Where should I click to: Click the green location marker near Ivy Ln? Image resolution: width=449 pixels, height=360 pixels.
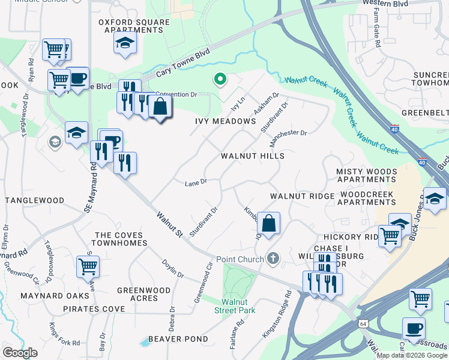220,79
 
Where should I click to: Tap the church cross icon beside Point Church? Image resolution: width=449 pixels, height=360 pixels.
273,259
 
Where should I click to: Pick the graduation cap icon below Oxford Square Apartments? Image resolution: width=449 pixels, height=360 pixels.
125,43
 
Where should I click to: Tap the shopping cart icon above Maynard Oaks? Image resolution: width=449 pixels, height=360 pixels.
88,265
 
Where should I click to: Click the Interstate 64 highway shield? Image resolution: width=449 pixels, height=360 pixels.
364,323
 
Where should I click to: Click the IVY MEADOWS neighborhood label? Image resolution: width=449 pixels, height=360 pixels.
226,121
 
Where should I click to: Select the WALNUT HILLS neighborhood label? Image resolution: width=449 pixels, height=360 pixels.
252,156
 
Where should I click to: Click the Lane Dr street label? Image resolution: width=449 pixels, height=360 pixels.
196,182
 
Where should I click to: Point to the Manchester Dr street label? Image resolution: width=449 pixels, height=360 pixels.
289,140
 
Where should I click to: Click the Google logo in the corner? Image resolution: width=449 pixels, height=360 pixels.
20,353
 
